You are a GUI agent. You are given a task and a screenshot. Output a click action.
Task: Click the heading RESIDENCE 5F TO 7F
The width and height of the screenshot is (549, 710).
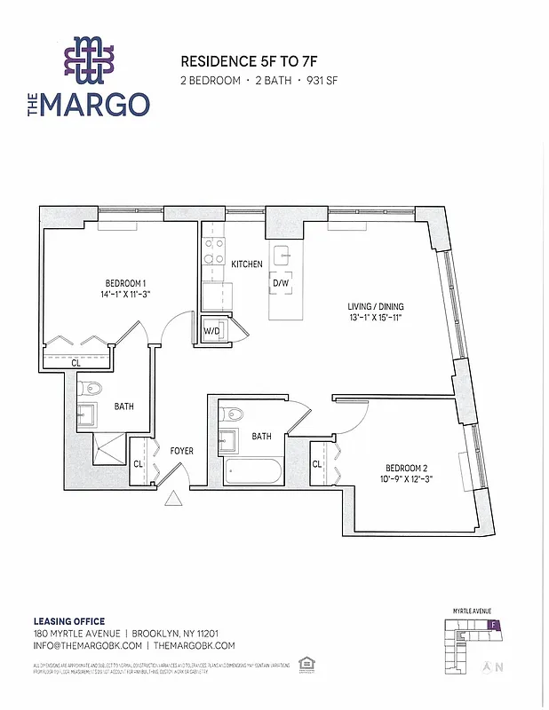[x=243, y=62]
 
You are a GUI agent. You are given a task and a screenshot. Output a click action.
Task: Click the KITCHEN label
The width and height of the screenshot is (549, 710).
[x=246, y=264]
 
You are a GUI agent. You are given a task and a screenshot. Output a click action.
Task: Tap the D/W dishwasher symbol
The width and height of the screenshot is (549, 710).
[x=281, y=284]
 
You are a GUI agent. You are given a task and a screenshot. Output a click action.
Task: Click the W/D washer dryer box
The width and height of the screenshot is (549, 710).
[x=213, y=331]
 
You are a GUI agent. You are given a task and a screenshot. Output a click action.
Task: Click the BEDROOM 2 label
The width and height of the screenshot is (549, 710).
[x=407, y=468]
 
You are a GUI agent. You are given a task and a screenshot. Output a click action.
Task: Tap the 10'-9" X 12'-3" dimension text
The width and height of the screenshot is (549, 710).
[x=407, y=480]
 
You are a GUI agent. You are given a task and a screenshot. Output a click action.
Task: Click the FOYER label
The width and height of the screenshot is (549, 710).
[x=182, y=451]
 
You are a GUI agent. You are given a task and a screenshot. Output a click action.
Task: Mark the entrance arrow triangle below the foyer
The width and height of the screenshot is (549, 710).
[x=173, y=499]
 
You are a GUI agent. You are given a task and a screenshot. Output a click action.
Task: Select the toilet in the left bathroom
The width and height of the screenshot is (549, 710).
[x=91, y=389]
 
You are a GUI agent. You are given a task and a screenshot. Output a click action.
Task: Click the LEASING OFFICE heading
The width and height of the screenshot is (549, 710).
[x=69, y=621]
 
